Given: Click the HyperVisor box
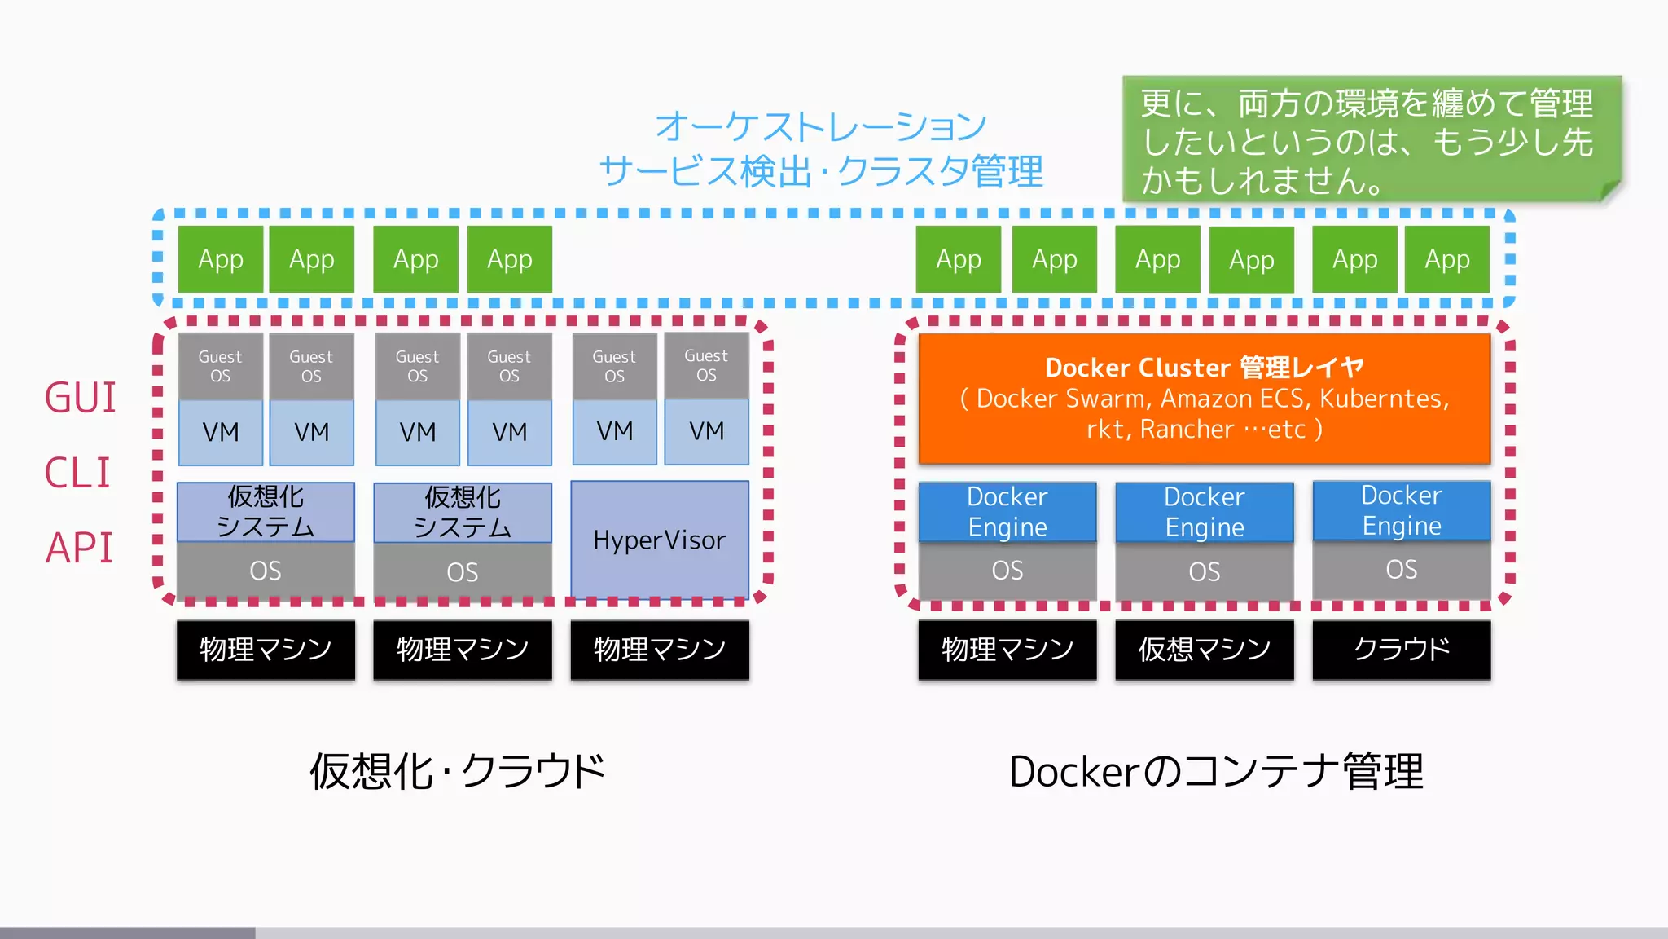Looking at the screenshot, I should click(659, 540).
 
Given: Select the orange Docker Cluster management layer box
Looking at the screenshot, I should click(1204, 398).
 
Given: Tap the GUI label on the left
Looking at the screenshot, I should click(80, 398).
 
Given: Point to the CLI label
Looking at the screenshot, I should click(77, 473).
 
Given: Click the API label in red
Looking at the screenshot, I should click(79, 548).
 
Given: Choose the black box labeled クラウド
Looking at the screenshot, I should click(1401, 650).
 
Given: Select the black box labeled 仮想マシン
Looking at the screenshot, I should click(1204, 650).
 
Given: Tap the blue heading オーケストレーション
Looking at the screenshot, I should click(821, 126).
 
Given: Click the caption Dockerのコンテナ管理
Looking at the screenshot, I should click(1215, 771).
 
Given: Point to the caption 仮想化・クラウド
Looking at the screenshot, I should click(458, 771).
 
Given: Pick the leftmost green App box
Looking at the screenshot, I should click(221, 259).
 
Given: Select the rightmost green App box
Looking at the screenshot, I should click(1446, 259).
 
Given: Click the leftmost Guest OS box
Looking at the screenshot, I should click(220, 366).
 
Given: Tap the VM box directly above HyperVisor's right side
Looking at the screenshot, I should click(706, 431).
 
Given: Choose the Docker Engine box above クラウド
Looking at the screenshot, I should click(1401, 510).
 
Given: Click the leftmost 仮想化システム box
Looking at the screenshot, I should click(266, 512).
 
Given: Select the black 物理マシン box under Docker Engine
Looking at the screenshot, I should click(1007, 650).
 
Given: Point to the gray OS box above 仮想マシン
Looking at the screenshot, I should click(1204, 571).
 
